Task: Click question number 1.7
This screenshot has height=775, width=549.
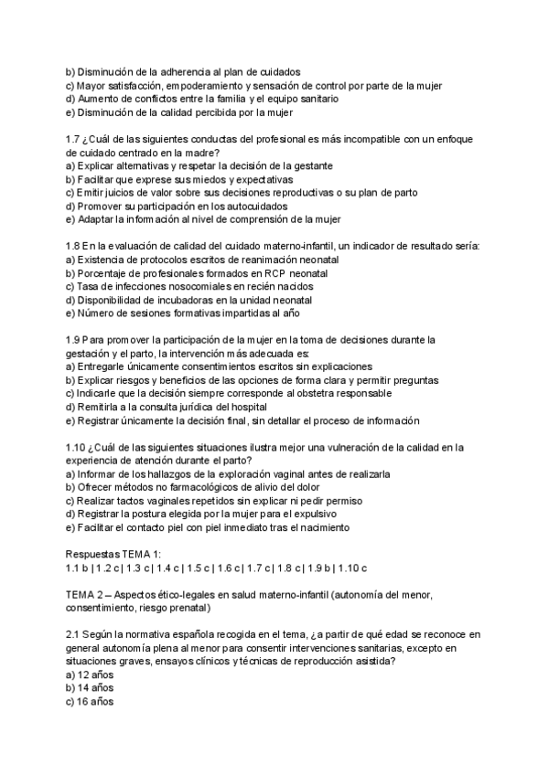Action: [x=75, y=138]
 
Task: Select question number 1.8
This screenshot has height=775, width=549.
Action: [x=75, y=246]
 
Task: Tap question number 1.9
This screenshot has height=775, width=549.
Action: [x=75, y=340]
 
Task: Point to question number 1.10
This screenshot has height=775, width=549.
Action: [x=78, y=447]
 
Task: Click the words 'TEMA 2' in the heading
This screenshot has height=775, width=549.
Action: [x=88, y=594]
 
